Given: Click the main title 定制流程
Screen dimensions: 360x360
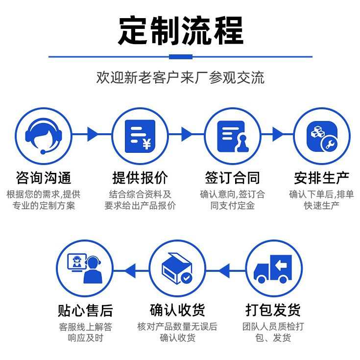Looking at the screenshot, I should tap(180, 30).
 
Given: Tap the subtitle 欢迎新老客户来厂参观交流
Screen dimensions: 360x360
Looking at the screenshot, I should tap(180, 77).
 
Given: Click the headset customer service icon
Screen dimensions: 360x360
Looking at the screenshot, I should tap(43, 135).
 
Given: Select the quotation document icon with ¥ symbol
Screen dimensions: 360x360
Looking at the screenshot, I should tap(140, 135).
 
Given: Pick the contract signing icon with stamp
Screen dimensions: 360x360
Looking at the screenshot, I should tap(232, 135).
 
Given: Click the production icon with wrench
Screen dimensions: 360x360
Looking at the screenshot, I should tap(321, 135).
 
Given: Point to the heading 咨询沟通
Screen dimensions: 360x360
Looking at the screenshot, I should tap(43, 177).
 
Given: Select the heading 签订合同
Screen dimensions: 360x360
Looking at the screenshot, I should tap(232, 177).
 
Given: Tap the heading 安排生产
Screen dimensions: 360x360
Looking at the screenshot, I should tap(321, 177).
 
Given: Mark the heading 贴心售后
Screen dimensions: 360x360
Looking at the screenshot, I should tap(84, 310).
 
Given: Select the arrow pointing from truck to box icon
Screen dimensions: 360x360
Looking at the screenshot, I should tap(224, 269).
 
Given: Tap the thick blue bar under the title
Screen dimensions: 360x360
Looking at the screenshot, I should tap(180, 57).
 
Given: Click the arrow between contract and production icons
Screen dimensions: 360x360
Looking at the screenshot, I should tap(278, 134).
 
